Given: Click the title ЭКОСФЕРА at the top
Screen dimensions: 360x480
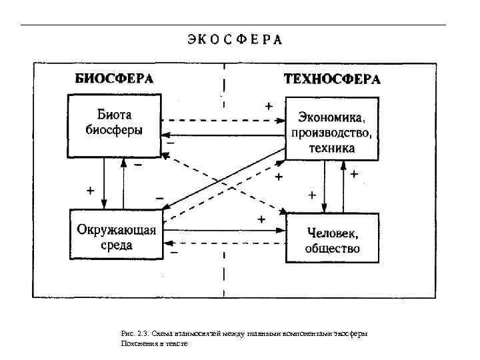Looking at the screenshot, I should pyautogui.click(x=234, y=39).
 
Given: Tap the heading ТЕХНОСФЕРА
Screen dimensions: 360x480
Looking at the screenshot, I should pyautogui.click(x=332, y=79).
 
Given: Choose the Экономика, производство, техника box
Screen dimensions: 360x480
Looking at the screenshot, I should pyautogui.click(x=331, y=129).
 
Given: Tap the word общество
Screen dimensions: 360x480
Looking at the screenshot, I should pyautogui.click(x=332, y=249).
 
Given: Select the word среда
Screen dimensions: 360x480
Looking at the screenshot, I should pyautogui.click(x=116, y=245).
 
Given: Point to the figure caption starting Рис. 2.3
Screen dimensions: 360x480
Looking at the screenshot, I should pyautogui.click(x=244, y=333).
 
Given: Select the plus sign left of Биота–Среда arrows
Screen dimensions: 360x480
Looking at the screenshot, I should pyautogui.click(x=90, y=190).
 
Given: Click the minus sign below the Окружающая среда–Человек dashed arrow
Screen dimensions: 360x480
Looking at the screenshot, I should pyautogui.click(x=174, y=253).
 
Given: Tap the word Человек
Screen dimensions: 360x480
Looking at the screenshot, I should pyautogui.click(x=332, y=233).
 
